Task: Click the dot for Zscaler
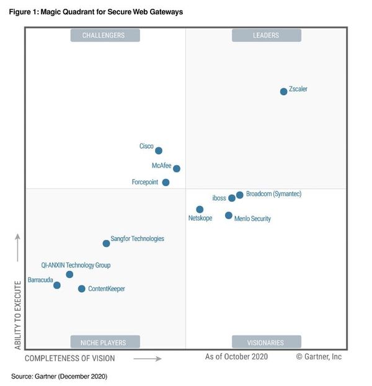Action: point(283,91)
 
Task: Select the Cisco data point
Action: point(159,150)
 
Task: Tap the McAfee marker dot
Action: point(177,168)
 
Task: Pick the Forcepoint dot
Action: point(166,182)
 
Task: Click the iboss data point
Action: point(232,198)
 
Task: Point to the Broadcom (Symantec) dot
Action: point(240,195)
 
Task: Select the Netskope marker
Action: point(200,210)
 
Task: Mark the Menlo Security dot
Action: point(229,215)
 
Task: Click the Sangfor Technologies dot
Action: point(106,243)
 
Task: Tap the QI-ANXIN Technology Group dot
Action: point(69,274)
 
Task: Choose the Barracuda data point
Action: point(57,285)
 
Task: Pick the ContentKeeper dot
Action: point(82,289)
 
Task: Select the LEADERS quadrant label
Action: point(266,35)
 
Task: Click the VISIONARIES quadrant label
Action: point(266,342)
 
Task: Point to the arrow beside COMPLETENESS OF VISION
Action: point(148,358)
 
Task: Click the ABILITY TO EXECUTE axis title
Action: point(18,315)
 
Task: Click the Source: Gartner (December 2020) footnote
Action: point(60,376)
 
